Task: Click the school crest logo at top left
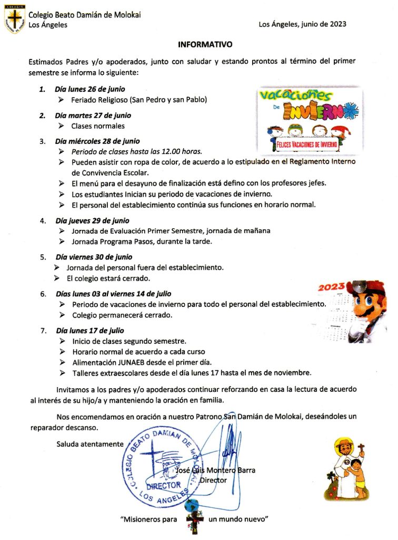point(14,20)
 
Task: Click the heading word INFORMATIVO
point(205,45)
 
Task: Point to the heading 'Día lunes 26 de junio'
point(89,89)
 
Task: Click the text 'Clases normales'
point(98,126)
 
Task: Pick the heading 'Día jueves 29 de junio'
point(92,220)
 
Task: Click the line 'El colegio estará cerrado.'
point(108,278)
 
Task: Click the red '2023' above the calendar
point(331,287)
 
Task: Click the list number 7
point(43,331)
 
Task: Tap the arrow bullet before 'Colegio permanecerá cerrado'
point(62,315)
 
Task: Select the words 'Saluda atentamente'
point(90,443)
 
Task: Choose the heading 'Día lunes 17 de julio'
point(90,331)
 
